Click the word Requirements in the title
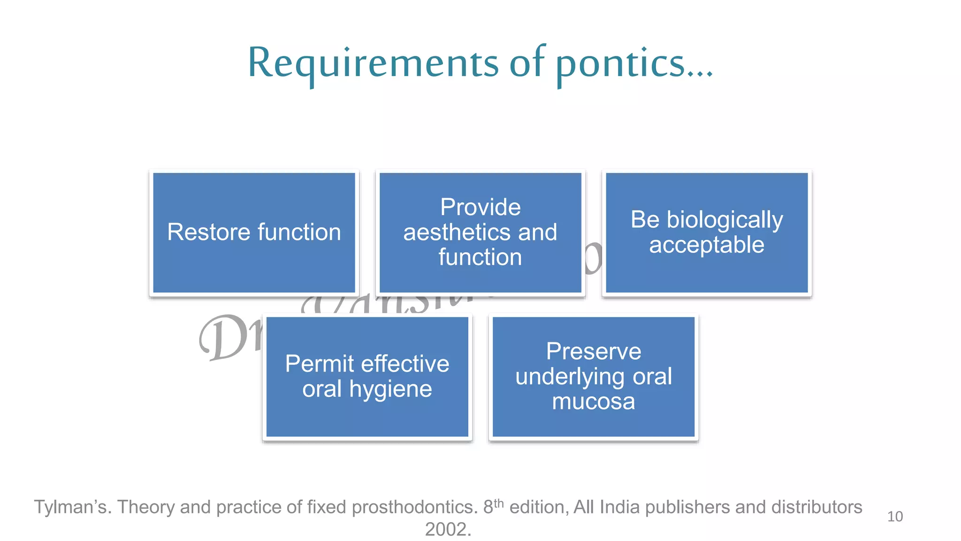pyautogui.click(x=373, y=63)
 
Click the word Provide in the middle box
pyautogui.click(x=480, y=207)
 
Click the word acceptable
pyautogui.click(x=707, y=245)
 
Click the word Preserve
pyautogui.click(x=594, y=351)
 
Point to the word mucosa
pyautogui.click(x=594, y=402)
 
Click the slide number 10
pyautogui.click(x=895, y=517)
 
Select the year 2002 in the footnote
pyautogui.click(x=448, y=529)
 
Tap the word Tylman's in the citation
pyautogui.click(x=73, y=507)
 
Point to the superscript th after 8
pyautogui.click(x=499, y=503)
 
